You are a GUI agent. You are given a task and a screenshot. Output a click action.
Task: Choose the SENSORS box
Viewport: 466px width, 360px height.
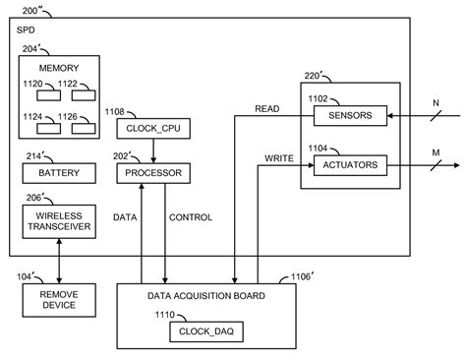tap(349, 117)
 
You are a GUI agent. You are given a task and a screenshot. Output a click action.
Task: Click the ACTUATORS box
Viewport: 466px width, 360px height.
tap(349, 164)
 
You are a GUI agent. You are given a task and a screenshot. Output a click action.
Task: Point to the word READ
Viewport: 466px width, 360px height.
tap(266, 109)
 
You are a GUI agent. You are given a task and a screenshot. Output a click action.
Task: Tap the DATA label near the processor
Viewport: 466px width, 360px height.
tap(125, 216)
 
